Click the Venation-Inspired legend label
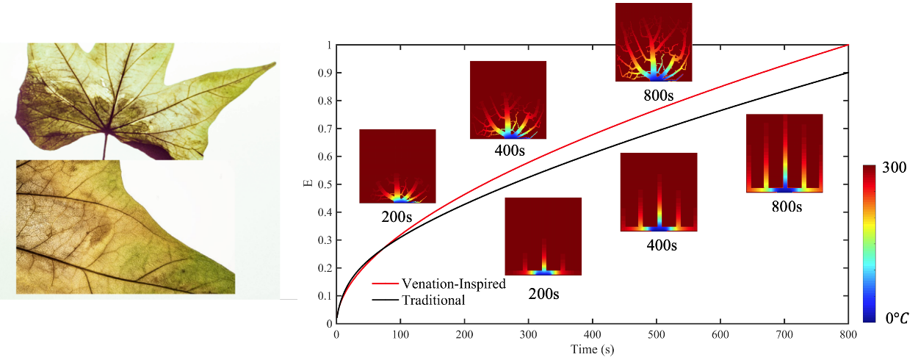coord(453,284)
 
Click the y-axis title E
coord(309,184)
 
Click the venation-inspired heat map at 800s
coord(654,42)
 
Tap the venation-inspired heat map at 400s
coord(508,100)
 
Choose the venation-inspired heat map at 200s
coord(397,166)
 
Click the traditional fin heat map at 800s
coord(784,153)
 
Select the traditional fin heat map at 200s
coord(543,236)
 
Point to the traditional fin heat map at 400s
coord(659,192)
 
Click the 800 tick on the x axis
coord(848,334)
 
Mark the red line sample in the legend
coord(385,284)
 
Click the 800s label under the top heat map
coord(654,94)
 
